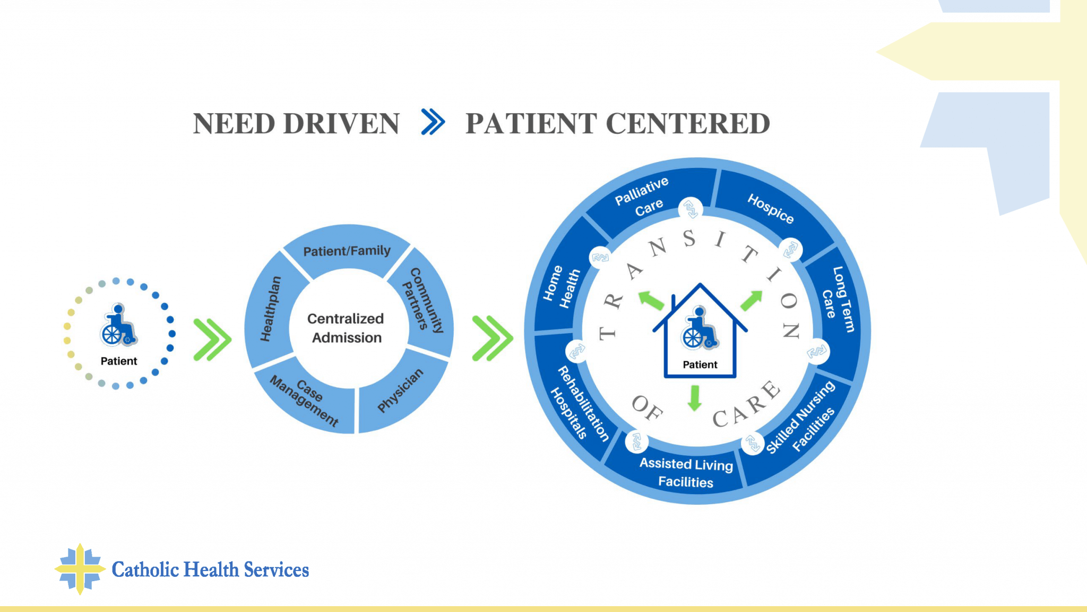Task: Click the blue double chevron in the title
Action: click(x=433, y=122)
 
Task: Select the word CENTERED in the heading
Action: click(x=688, y=123)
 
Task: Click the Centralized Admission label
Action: click(x=346, y=328)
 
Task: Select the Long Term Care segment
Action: click(x=839, y=300)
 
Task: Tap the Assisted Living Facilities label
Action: click(x=686, y=472)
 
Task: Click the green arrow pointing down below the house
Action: click(x=694, y=398)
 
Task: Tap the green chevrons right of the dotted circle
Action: click(x=212, y=339)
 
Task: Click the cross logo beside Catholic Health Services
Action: click(x=80, y=569)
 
